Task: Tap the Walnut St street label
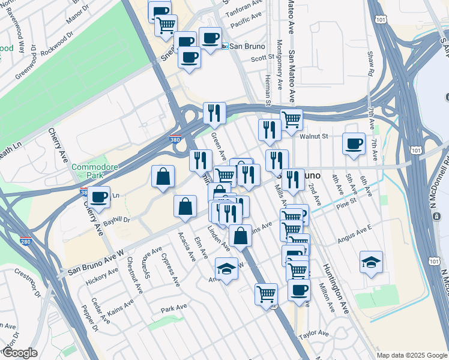(315, 136)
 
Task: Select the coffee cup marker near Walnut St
(354, 143)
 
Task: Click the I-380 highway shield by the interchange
(174, 137)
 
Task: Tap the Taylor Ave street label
(314, 333)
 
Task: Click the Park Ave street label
(175, 310)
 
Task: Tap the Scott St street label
(262, 58)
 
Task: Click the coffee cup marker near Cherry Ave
(98, 196)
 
